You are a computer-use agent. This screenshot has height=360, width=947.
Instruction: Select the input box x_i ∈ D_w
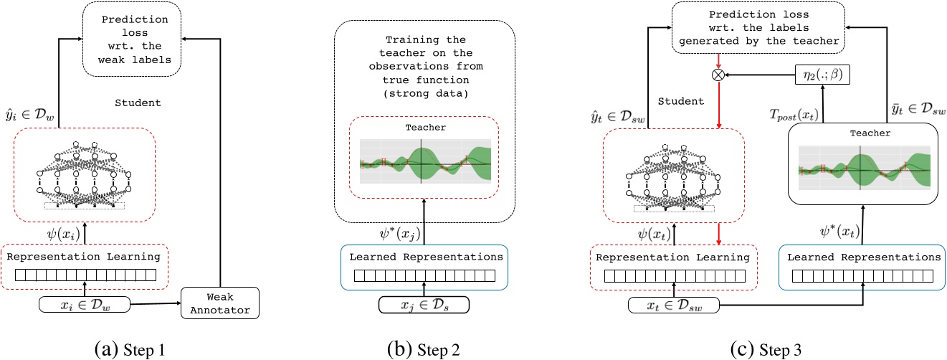coord(85,304)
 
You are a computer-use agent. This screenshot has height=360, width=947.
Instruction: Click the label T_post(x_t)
coord(794,115)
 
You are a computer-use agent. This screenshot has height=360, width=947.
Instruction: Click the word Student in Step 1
coord(138,103)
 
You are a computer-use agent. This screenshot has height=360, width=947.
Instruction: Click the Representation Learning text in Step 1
coord(85,256)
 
